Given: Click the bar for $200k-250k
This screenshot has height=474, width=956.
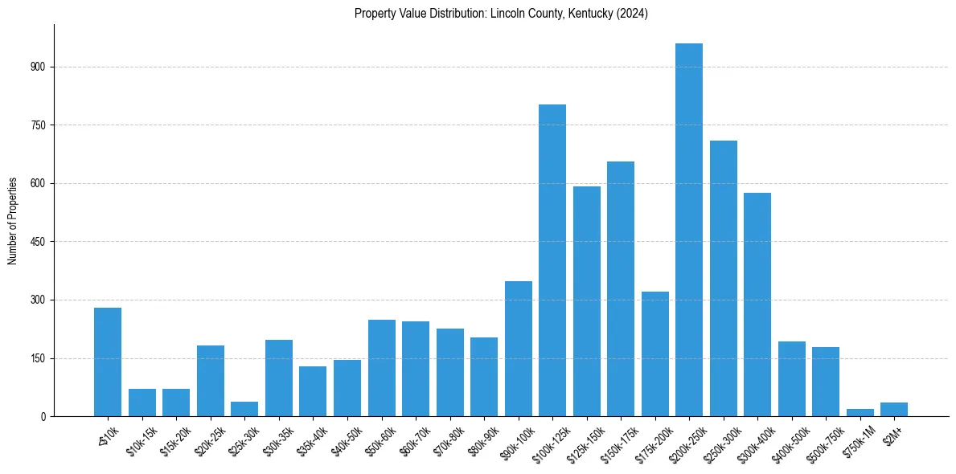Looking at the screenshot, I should click(689, 230).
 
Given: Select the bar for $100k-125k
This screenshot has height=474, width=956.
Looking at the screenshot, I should click(552, 260).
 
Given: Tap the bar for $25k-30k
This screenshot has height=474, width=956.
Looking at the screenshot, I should click(244, 409).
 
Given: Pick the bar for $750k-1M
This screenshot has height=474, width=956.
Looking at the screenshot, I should click(860, 412).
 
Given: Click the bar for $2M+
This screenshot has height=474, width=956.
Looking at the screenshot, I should click(894, 409).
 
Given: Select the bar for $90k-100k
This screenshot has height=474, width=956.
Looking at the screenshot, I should click(518, 349).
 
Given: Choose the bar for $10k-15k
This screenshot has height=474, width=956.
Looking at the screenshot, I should click(142, 402).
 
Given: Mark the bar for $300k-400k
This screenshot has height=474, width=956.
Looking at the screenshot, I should click(757, 304).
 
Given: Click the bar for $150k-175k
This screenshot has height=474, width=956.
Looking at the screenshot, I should click(621, 288).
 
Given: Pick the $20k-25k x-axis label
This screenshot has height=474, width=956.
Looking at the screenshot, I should click(210, 441).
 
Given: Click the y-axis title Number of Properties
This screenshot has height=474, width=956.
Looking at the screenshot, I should click(13, 220).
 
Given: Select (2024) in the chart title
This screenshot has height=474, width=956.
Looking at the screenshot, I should click(630, 14).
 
